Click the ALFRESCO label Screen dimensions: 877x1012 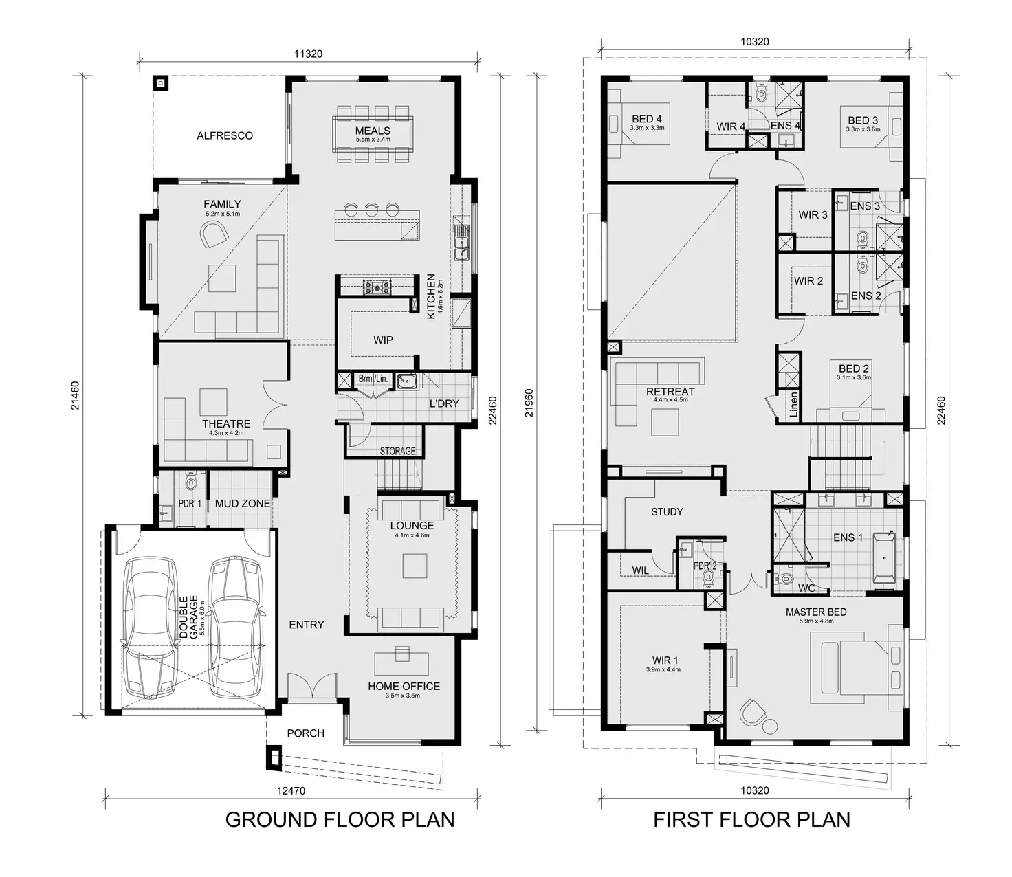pos(225,135)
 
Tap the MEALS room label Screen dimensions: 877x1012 pos(373,131)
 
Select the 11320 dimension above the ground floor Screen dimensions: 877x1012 pos(308,54)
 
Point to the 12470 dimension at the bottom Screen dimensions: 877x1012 pos(291,790)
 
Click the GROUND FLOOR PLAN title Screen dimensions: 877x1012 pos(340,819)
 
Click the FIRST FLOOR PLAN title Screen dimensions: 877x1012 pos(751,819)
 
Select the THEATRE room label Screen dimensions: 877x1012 pos(226,424)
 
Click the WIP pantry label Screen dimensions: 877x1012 pos(383,340)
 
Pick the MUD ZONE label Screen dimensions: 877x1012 pos(243,503)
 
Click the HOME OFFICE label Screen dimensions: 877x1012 pos(404,686)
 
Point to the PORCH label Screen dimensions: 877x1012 pos(305,733)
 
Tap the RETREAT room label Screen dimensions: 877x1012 pos(670,392)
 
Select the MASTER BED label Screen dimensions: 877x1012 pos(816,612)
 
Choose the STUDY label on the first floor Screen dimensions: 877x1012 pos(667,512)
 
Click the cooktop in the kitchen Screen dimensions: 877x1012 pos(377,286)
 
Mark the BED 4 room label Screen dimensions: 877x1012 pos(647,119)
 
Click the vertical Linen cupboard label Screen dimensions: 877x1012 pos(794,406)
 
